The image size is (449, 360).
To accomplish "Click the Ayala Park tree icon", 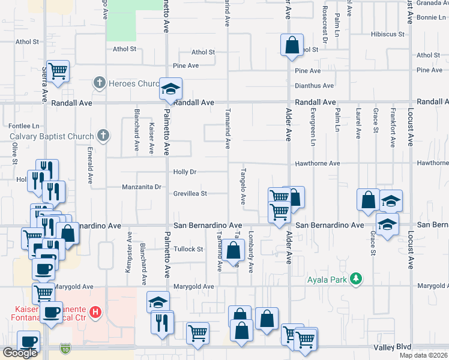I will pyautogui.click(x=357, y=278).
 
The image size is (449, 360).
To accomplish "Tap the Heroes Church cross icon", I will pyautogui.click(x=100, y=83).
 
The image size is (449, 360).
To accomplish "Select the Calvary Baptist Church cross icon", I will pyautogui.click(x=103, y=136).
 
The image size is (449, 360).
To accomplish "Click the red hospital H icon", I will pyautogui.click(x=95, y=311).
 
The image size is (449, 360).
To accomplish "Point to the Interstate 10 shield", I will pyautogui.click(x=65, y=348).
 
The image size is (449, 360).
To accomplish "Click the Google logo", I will pyautogui.click(x=20, y=353).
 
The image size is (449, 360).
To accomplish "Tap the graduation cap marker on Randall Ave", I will pyautogui.click(x=170, y=89).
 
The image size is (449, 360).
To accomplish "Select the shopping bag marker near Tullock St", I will pyautogui.click(x=234, y=250).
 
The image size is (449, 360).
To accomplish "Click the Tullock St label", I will pyautogui.click(x=188, y=248).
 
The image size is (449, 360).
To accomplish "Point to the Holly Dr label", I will pyautogui.click(x=185, y=172).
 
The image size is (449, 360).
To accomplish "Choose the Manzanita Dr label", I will pyautogui.click(x=142, y=187).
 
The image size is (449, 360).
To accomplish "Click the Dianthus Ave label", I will pyautogui.click(x=314, y=86).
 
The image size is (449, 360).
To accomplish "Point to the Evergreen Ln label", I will pyautogui.click(x=313, y=127).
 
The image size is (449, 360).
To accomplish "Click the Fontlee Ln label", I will pyautogui.click(x=25, y=126).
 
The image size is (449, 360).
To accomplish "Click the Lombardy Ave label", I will pyautogui.click(x=251, y=243).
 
